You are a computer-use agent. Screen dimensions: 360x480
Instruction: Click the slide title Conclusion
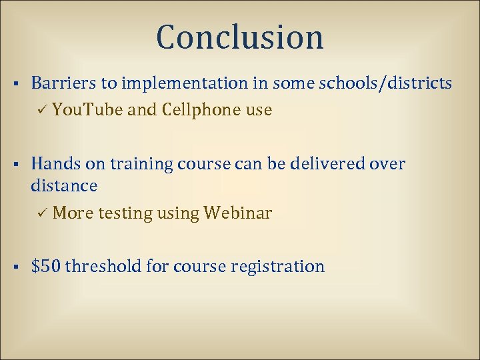pos(240,37)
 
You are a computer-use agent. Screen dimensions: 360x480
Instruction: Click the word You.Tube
pos(87,110)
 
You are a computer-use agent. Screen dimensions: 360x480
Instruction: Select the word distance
pos(64,185)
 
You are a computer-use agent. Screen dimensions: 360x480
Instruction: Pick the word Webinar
pos(238,213)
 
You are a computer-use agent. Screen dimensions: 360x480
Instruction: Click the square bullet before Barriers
pos(15,84)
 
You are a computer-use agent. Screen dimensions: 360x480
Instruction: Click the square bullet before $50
pos(15,267)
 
